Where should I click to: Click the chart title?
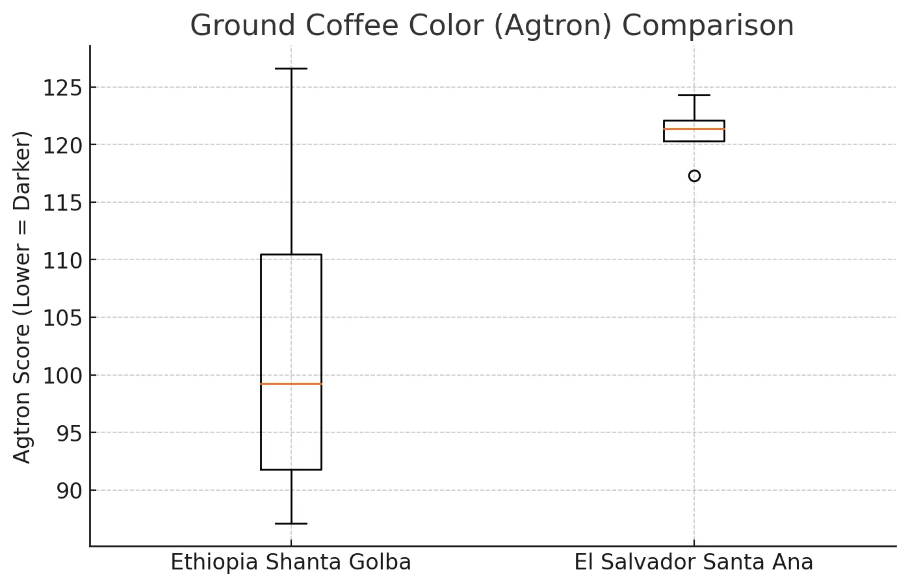491,26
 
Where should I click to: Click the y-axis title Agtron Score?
23,297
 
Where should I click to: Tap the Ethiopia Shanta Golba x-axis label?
291,563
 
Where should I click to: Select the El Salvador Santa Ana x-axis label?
694,563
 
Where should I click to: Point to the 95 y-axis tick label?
69,433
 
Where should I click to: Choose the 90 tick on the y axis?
69,491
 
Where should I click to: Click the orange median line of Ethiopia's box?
291,384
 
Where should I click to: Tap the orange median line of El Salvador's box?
694,129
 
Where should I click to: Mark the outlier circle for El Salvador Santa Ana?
694,176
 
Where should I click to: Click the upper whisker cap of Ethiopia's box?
291,68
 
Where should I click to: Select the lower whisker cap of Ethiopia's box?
291,523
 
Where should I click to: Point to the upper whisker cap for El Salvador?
694,96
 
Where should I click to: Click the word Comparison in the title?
708,26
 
